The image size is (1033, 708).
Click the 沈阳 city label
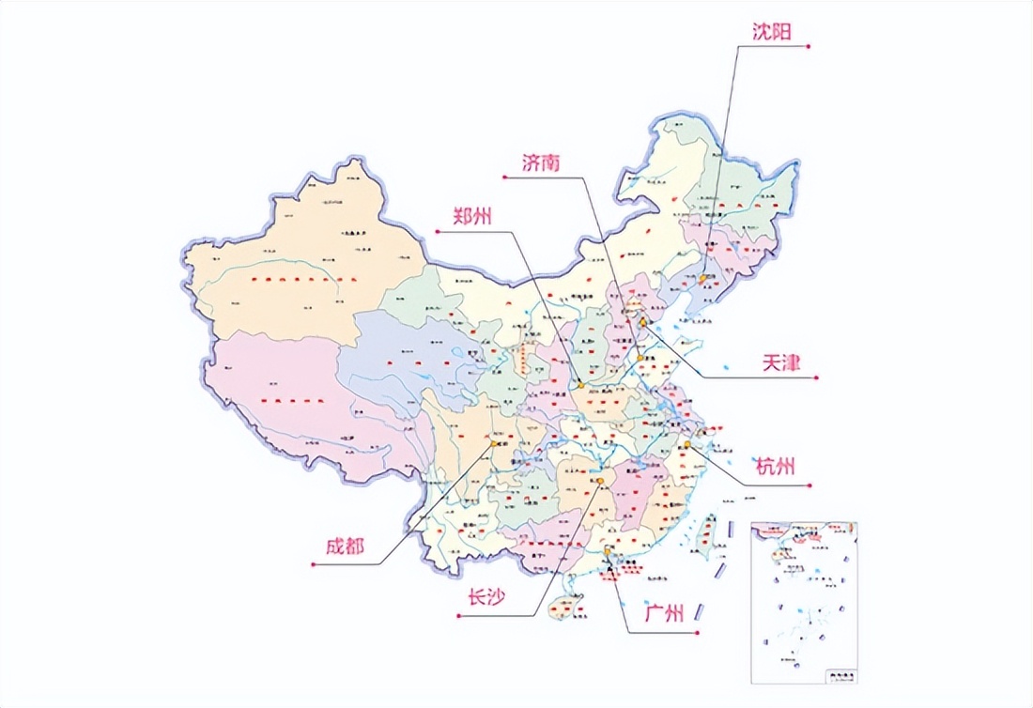click(771, 31)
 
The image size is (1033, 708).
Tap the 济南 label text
click(542, 162)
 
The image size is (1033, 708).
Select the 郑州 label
click(461, 215)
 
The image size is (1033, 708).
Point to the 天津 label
click(780, 363)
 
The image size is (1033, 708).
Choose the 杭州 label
click(776, 467)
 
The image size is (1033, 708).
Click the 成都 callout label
click(345, 548)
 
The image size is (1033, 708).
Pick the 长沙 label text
click(487, 598)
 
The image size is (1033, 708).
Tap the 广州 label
click(664, 615)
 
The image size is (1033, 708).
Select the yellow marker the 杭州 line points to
click(687, 444)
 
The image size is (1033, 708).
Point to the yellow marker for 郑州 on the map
click(581, 384)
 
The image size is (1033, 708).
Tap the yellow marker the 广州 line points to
click(609, 552)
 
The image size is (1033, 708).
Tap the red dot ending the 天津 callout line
click(818, 377)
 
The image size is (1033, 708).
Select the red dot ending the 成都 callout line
click(312, 564)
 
